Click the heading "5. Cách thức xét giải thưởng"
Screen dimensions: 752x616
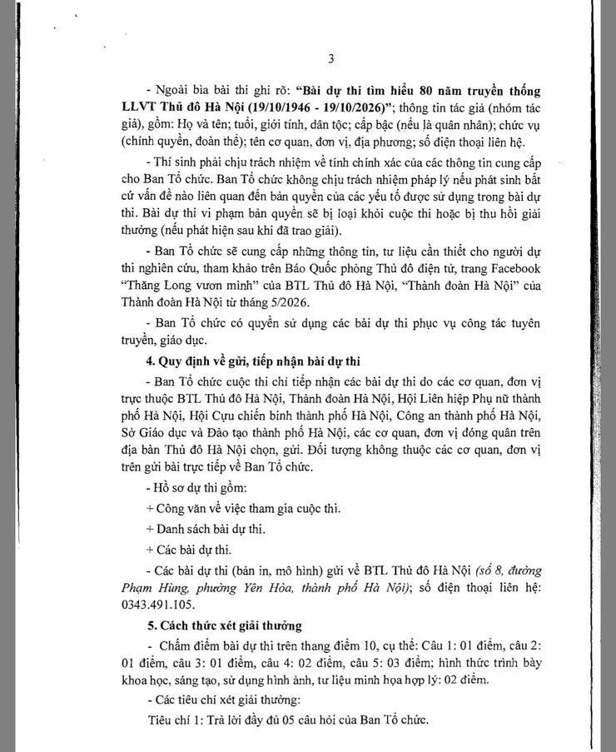221,625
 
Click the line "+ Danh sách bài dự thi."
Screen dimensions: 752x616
206,529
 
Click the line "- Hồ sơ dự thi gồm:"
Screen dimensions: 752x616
188,489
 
